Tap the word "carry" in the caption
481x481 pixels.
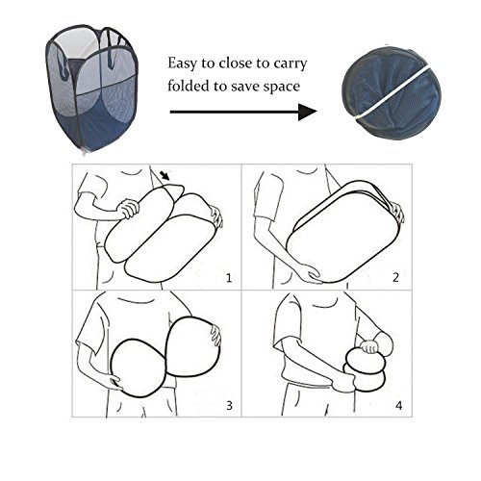pyautogui.click(x=291, y=64)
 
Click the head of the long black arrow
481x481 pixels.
pyautogui.click(x=307, y=112)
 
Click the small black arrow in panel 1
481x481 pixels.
pyautogui.click(x=165, y=175)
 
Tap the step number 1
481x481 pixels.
pyautogui.click(x=229, y=278)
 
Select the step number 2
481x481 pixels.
pyautogui.click(x=395, y=277)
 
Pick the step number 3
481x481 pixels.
pyautogui.click(x=229, y=406)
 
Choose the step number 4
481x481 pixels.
pyautogui.click(x=398, y=406)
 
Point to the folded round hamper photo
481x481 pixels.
pyautogui.click(x=392, y=93)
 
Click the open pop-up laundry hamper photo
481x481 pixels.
pyautogui.click(x=92, y=89)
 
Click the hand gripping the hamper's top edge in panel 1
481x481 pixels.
pyautogui.click(x=129, y=209)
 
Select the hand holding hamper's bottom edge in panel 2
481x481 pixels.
pyautogui.click(x=311, y=273)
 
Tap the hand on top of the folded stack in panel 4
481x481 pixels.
pyautogui.click(x=369, y=346)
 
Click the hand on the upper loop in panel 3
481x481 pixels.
pyautogui.click(x=215, y=335)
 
